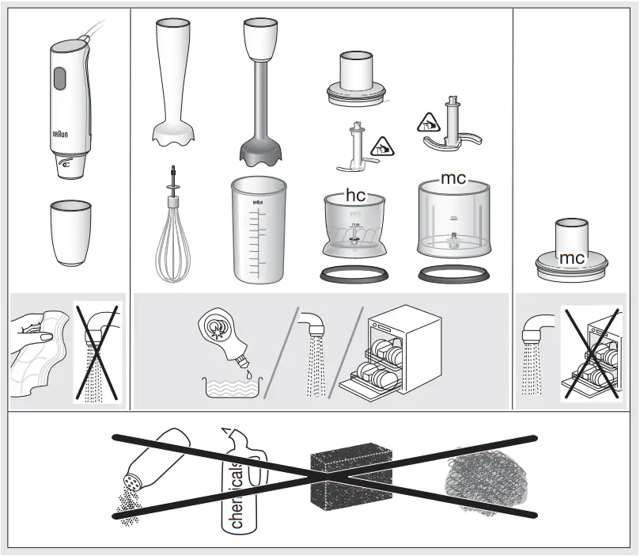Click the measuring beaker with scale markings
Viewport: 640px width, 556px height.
257,230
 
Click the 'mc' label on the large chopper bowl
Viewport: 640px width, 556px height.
453,179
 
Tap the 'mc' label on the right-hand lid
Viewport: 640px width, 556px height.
570,258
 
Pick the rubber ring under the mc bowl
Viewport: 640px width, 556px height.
453,275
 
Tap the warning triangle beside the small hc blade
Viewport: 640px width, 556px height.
383,146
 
